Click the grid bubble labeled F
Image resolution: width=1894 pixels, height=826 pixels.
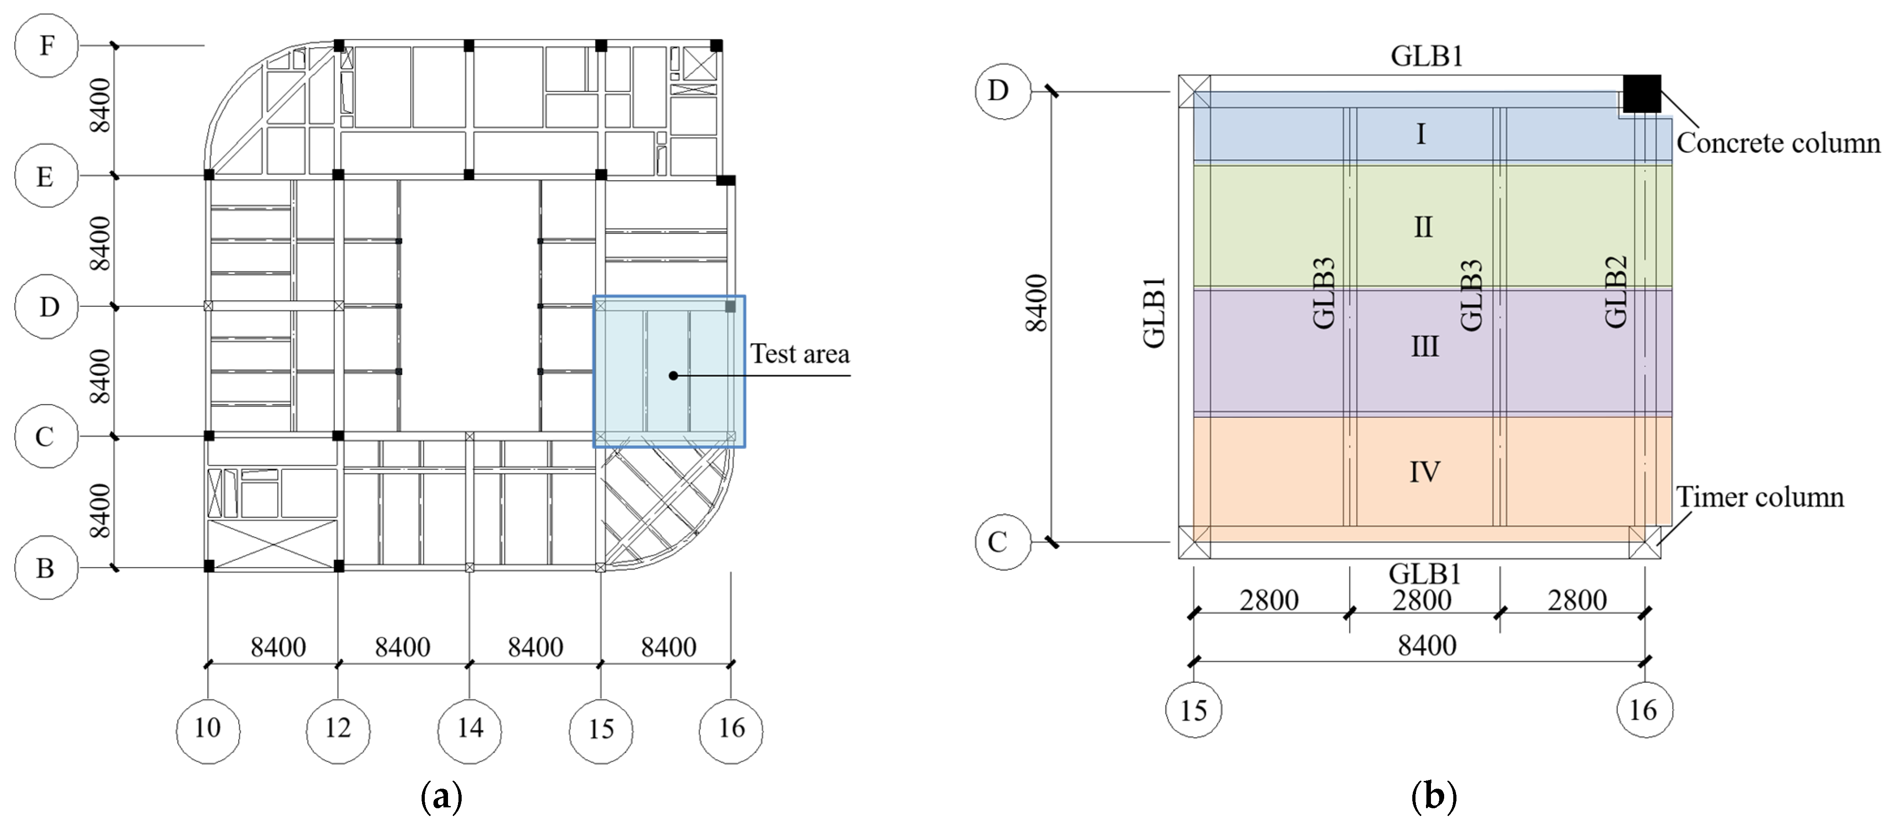[46, 46]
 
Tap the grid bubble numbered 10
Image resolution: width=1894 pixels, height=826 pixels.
[208, 728]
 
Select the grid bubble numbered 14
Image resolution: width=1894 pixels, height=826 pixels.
[470, 728]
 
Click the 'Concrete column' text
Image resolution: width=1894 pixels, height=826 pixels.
[1778, 142]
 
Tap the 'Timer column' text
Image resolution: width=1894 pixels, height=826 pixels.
[1759, 497]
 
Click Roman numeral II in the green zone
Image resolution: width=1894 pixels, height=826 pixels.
[1423, 227]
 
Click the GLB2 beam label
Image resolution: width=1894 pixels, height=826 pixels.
[1615, 292]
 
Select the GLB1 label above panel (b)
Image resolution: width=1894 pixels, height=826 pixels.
[1426, 56]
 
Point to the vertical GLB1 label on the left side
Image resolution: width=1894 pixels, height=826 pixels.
[1154, 312]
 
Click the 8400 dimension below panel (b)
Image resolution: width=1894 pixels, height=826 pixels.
[1426, 645]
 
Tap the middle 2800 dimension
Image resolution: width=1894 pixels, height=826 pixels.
[1422, 600]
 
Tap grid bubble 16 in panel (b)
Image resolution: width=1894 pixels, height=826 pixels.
[1644, 710]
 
